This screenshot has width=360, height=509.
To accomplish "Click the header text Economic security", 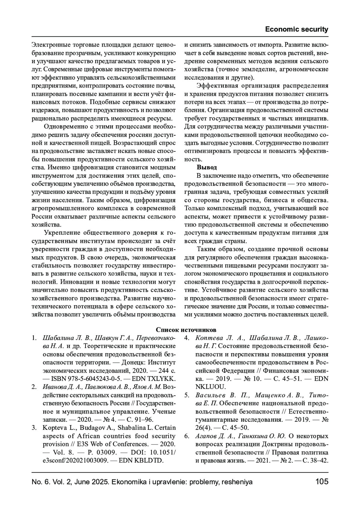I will tap(296, 29).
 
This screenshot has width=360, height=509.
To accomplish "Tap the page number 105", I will tap(322, 482).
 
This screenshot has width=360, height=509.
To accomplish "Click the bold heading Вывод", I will tap(207, 167).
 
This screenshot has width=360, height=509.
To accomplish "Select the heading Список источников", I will tap(186, 330).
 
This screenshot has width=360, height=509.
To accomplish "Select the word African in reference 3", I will tap(88, 436).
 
